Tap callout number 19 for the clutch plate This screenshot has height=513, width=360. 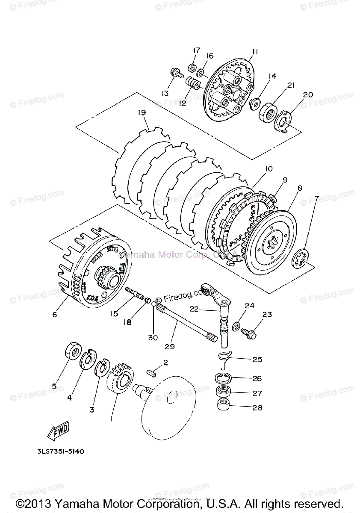click(x=142, y=113)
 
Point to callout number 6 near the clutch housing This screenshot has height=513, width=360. click(x=55, y=315)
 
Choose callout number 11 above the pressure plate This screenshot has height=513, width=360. click(x=254, y=52)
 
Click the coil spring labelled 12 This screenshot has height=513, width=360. click(x=194, y=81)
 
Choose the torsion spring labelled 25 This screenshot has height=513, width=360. click(x=224, y=358)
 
